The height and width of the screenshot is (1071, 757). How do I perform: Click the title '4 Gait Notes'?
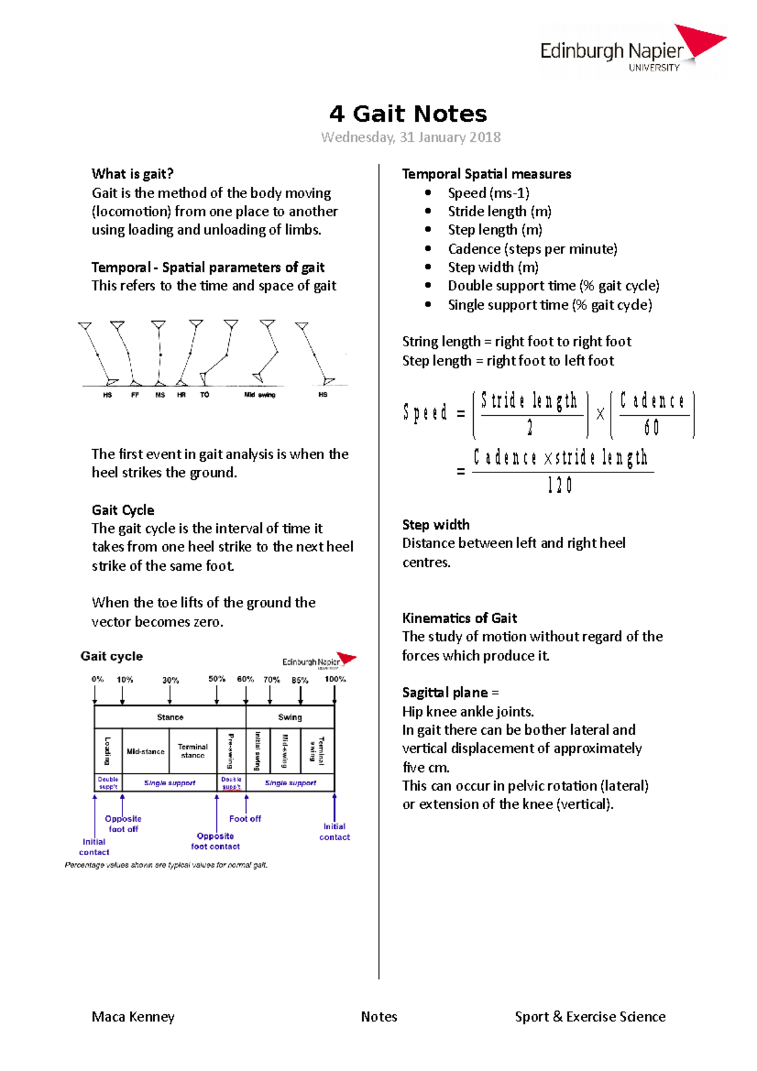click(x=408, y=114)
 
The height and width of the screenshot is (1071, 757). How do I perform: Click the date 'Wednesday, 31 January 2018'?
click(x=411, y=138)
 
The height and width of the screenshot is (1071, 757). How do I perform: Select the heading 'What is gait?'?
click(x=132, y=174)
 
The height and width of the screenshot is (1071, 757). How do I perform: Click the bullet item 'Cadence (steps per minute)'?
click(x=532, y=249)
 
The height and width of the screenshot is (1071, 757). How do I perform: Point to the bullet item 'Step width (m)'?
click(x=493, y=267)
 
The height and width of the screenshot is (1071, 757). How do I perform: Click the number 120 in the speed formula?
click(x=560, y=486)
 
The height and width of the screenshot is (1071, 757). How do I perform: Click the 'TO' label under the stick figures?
click(x=204, y=395)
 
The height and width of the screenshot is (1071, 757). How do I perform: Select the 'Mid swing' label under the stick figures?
click(x=260, y=395)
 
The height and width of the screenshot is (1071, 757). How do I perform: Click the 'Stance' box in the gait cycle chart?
click(x=170, y=717)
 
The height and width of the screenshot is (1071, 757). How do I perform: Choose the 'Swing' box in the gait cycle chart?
click(x=290, y=717)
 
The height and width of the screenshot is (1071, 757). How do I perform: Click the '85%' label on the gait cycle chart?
click(x=300, y=680)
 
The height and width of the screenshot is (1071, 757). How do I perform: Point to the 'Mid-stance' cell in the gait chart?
click(x=146, y=751)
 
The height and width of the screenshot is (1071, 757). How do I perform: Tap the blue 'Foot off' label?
click(x=245, y=819)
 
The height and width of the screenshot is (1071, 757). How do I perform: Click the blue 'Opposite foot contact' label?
click(x=215, y=841)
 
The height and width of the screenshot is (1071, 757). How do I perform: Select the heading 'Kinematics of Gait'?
click(x=459, y=618)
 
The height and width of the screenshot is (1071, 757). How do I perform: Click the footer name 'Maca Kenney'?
click(x=133, y=1017)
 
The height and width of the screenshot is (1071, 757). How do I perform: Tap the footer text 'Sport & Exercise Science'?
click(x=590, y=1017)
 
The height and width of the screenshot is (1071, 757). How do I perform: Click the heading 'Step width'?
click(x=436, y=525)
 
